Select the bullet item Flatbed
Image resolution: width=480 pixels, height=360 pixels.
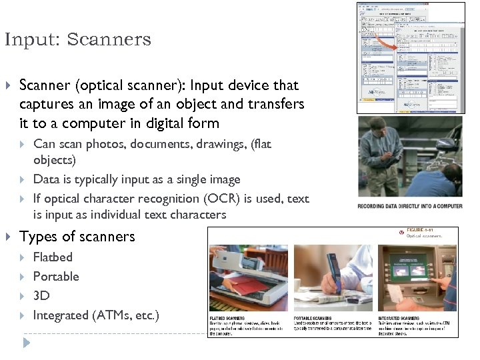pos(53,257)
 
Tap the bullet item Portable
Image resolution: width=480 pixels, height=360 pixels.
pos(56,276)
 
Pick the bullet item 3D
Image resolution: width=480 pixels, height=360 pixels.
pos(41,295)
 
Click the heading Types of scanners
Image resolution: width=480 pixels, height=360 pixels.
pos(77,237)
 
